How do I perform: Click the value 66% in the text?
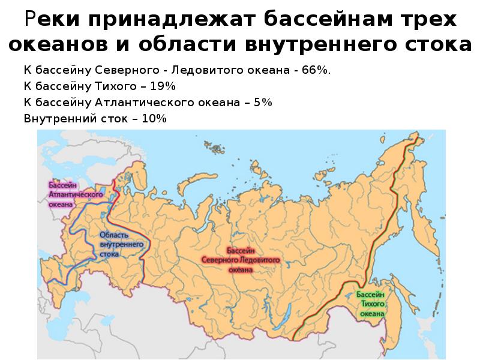(316, 71)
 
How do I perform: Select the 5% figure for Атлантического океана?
(263, 103)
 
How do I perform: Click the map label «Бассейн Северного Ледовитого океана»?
(241, 260)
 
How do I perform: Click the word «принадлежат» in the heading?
(170, 19)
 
